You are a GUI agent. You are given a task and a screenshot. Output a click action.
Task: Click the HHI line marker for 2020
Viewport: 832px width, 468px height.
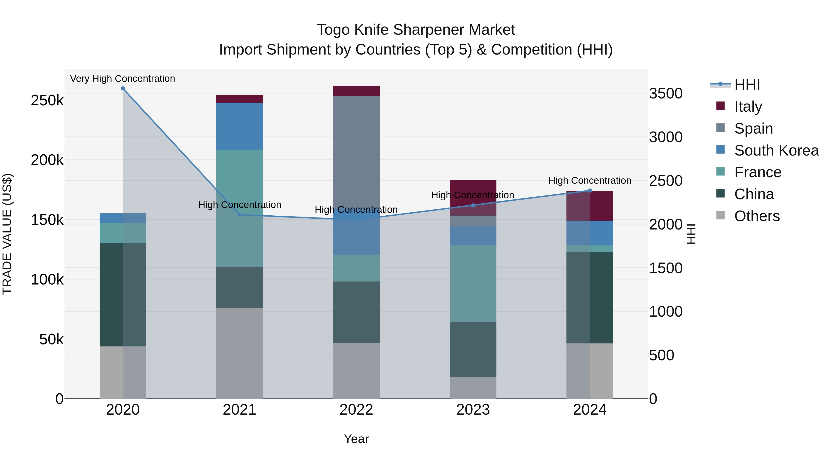click(x=123, y=89)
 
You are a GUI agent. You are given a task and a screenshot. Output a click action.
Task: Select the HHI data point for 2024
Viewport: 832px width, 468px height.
click(x=590, y=191)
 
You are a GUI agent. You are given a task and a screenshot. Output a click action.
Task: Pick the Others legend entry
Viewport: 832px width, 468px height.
click(x=757, y=216)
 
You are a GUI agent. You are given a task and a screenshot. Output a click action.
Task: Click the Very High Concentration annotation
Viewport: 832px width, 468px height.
click(x=122, y=79)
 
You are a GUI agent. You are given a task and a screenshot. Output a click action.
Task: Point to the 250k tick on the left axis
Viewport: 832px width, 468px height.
click(x=47, y=101)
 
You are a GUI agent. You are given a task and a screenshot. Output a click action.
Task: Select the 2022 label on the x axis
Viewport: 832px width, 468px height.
click(x=356, y=410)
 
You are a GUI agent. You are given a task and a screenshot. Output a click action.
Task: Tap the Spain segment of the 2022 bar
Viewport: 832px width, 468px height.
click(x=356, y=152)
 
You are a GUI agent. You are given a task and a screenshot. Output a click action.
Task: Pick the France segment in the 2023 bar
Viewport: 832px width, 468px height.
click(x=473, y=284)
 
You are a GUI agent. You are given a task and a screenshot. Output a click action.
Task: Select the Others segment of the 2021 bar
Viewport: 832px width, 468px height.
click(x=240, y=353)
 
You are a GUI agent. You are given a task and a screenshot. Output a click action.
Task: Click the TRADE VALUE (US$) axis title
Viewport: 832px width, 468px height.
click(x=7, y=234)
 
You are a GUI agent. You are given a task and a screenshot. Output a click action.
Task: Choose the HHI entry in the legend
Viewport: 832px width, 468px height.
click(x=747, y=85)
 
